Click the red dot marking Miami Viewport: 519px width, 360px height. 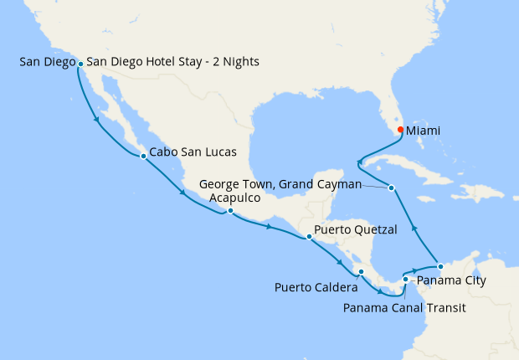(x=400, y=130)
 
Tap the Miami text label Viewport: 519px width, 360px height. (x=426, y=131)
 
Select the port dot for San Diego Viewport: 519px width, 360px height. (x=80, y=63)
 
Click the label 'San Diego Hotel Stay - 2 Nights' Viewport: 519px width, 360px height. (x=172, y=62)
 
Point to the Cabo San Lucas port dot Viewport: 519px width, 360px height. (x=143, y=155)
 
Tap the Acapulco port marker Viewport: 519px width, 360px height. (x=230, y=211)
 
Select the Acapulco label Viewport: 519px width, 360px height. (x=234, y=198)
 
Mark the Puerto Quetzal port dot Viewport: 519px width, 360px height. (x=310, y=237)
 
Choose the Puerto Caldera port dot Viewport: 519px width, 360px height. (x=360, y=271)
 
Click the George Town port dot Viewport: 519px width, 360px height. (x=391, y=188)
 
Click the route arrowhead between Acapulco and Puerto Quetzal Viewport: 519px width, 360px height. (x=270, y=226)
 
